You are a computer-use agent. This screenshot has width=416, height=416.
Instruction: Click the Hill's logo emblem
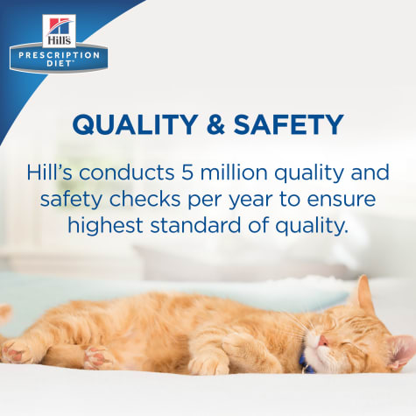[59, 32]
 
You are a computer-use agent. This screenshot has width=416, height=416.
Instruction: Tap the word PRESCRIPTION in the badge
[59, 55]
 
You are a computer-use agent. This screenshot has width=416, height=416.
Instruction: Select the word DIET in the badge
[59, 64]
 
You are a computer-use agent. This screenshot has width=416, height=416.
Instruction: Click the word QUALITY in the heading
[134, 124]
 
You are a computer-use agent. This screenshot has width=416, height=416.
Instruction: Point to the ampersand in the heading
[215, 124]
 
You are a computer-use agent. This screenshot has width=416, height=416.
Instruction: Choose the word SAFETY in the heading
[288, 124]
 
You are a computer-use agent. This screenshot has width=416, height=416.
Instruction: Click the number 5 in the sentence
[187, 173]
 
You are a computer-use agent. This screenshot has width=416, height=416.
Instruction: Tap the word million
[234, 172]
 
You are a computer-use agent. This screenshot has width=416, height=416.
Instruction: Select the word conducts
[127, 173]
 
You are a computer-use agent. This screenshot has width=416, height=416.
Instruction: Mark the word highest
[105, 225]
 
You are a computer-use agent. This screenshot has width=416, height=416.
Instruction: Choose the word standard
[196, 225]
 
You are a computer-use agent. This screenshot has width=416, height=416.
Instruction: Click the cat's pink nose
[323, 340]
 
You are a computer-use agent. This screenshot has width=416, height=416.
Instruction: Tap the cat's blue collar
[306, 364]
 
